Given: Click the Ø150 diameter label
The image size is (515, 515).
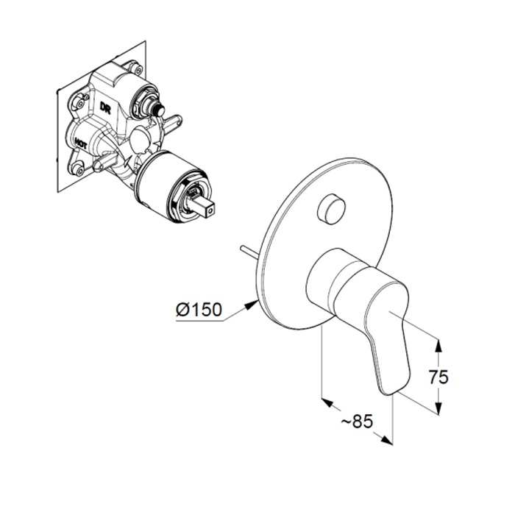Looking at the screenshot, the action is coord(199,310).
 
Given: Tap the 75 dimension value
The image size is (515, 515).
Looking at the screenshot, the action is coord(438,377).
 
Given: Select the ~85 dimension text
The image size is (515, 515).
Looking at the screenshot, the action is coord(357,421).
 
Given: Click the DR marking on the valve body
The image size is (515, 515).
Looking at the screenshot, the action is coord(105,107).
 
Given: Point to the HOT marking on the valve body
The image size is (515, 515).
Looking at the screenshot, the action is coord(80,143).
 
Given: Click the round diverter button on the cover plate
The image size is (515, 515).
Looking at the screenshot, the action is coord(332,208).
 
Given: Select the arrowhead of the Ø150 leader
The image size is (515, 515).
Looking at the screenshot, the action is coord(252,305).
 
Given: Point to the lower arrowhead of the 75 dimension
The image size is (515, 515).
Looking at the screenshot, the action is coord(438,408).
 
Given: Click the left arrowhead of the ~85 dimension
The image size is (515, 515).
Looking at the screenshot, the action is coord(327,402).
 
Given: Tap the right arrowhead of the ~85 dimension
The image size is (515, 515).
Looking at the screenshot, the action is coord(387,440).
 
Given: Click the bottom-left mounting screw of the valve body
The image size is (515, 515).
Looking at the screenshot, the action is coord(79,170).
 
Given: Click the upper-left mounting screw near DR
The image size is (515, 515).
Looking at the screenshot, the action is coord(79,103).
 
